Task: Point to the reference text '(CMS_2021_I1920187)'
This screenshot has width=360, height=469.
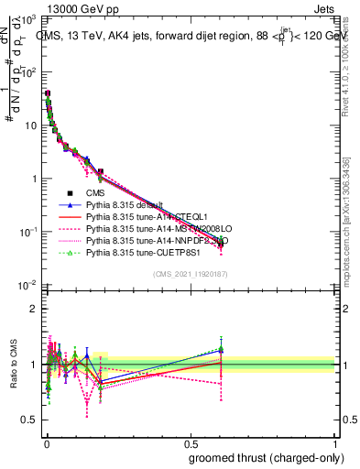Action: tap(190, 274)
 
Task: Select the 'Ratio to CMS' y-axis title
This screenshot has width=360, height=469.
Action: tap(15, 365)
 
